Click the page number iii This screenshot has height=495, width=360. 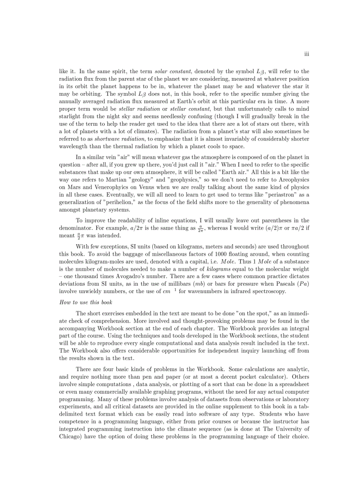click(306, 54)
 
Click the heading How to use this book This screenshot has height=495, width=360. click(86, 302)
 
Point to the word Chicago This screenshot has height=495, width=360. click(71, 436)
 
